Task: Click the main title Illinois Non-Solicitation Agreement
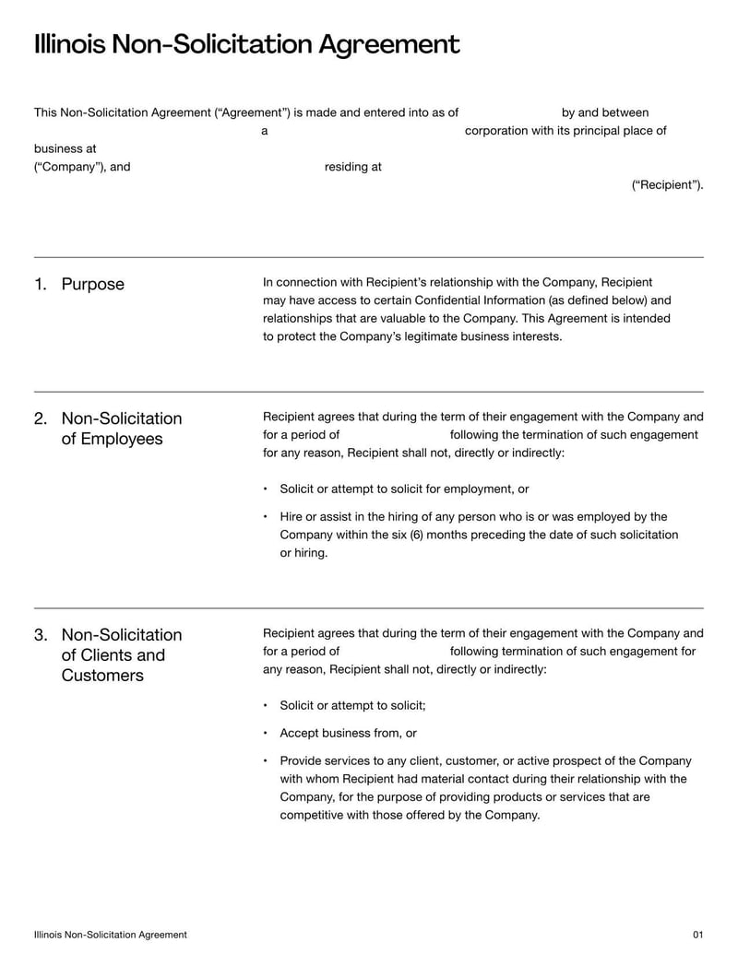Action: click(246, 44)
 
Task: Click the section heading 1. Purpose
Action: click(79, 284)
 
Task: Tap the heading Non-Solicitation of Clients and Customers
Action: click(121, 655)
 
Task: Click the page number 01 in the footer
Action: click(697, 935)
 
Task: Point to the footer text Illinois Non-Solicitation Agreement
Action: click(110, 935)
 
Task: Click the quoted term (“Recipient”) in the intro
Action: click(667, 185)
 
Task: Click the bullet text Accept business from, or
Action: click(348, 734)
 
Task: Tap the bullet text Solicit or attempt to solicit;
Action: click(352, 706)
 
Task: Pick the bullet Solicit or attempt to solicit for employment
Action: click(404, 489)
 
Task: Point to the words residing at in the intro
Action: click(352, 167)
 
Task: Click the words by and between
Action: click(604, 112)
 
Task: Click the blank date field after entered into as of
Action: click(509, 112)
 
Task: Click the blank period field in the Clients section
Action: click(394, 652)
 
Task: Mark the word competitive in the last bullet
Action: click(312, 815)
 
